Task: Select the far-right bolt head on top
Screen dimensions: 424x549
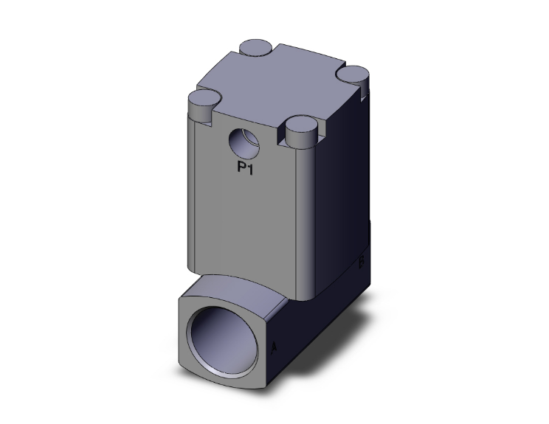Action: coord(356,74)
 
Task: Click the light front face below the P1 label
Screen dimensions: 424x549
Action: coord(244,221)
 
